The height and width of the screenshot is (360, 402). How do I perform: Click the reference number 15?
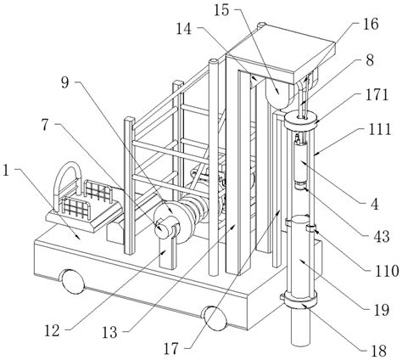221,10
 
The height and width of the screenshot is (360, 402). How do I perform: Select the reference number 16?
371,24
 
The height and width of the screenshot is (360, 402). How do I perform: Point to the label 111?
380,129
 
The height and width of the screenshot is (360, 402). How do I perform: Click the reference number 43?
382,236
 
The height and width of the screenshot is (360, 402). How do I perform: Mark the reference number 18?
379,351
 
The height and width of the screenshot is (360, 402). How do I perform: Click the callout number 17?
171,349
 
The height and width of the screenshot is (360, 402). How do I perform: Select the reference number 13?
109,333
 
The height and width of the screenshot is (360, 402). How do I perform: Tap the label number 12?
53,330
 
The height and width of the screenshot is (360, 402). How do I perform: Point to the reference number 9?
65,82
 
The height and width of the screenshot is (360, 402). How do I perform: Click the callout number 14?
184,29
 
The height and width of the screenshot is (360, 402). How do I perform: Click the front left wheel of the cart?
73,281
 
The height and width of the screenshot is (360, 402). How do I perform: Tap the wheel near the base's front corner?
215,318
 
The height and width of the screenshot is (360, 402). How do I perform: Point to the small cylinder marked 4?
300,163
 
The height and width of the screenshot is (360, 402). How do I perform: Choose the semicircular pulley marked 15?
278,94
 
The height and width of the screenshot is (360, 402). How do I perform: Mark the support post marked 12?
168,253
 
